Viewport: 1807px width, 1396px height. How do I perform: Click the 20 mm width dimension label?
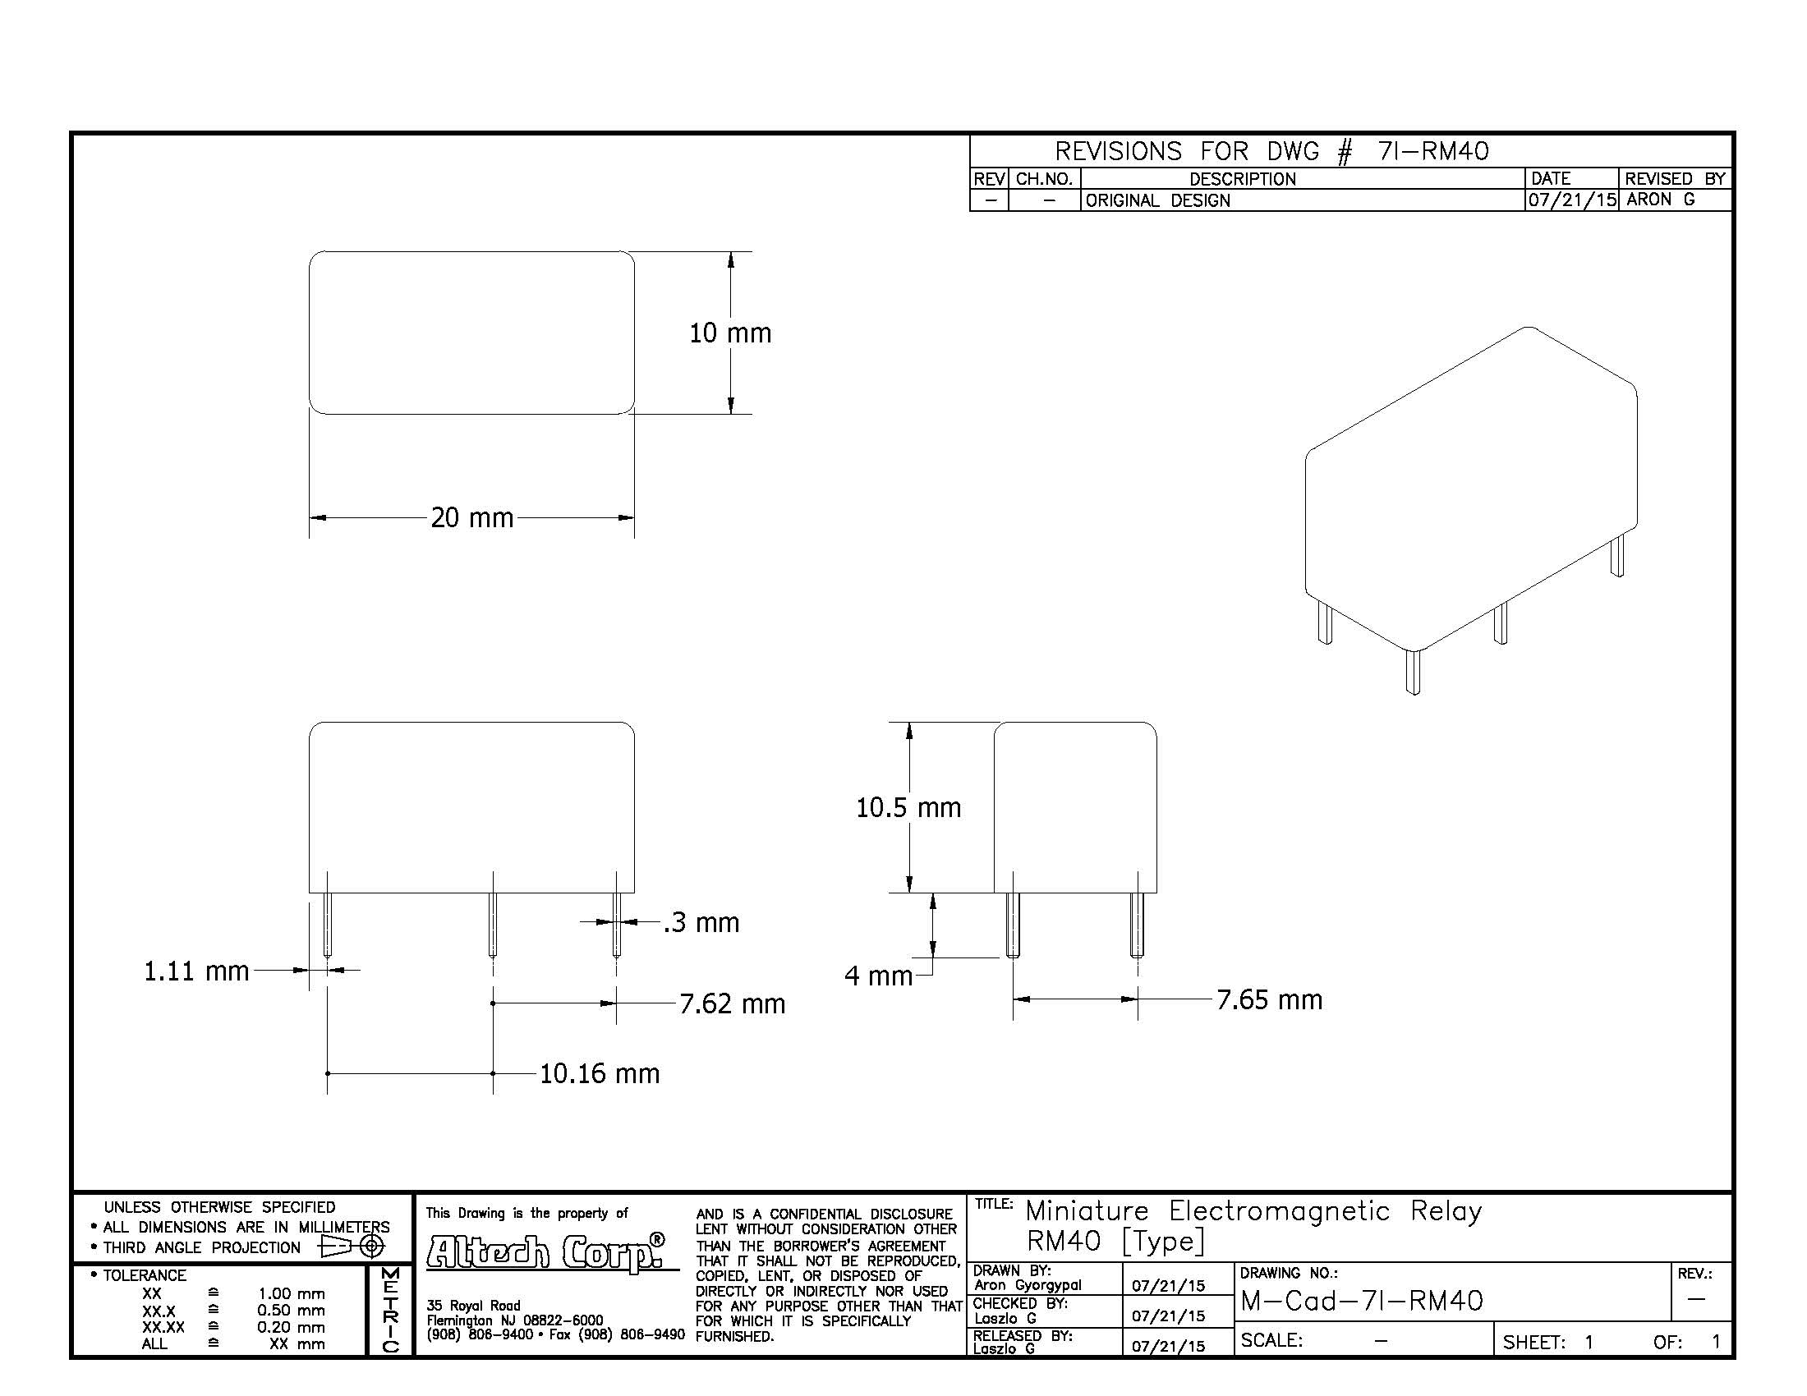tap(471, 517)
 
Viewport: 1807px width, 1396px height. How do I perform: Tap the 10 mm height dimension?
tap(729, 333)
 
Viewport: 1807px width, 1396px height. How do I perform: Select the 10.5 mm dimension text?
tap(908, 807)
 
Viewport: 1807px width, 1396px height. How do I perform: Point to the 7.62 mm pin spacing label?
tap(732, 1003)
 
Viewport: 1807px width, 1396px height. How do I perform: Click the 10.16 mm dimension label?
tap(600, 1073)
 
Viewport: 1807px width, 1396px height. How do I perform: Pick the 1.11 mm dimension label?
tap(197, 971)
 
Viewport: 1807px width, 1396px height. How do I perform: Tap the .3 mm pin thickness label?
tap(701, 922)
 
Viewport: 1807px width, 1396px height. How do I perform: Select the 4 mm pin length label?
tap(878, 976)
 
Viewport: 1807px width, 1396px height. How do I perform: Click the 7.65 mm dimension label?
tap(1269, 999)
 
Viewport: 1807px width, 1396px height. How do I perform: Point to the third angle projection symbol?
tap(352, 1246)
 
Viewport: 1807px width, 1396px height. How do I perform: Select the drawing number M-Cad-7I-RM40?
tap(1362, 1302)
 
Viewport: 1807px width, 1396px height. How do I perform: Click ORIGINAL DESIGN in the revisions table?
tap(1157, 200)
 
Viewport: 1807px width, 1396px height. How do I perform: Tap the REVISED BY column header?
tap(1675, 179)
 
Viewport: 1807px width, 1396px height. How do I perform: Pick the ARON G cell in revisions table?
tap(1660, 200)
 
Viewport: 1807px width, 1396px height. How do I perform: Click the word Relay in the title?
tap(1446, 1211)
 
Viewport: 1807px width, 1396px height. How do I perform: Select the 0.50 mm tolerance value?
tap(291, 1311)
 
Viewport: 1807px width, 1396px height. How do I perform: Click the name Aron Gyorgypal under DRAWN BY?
tap(1028, 1285)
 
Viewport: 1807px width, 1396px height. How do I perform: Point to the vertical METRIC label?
tap(390, 1310)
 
